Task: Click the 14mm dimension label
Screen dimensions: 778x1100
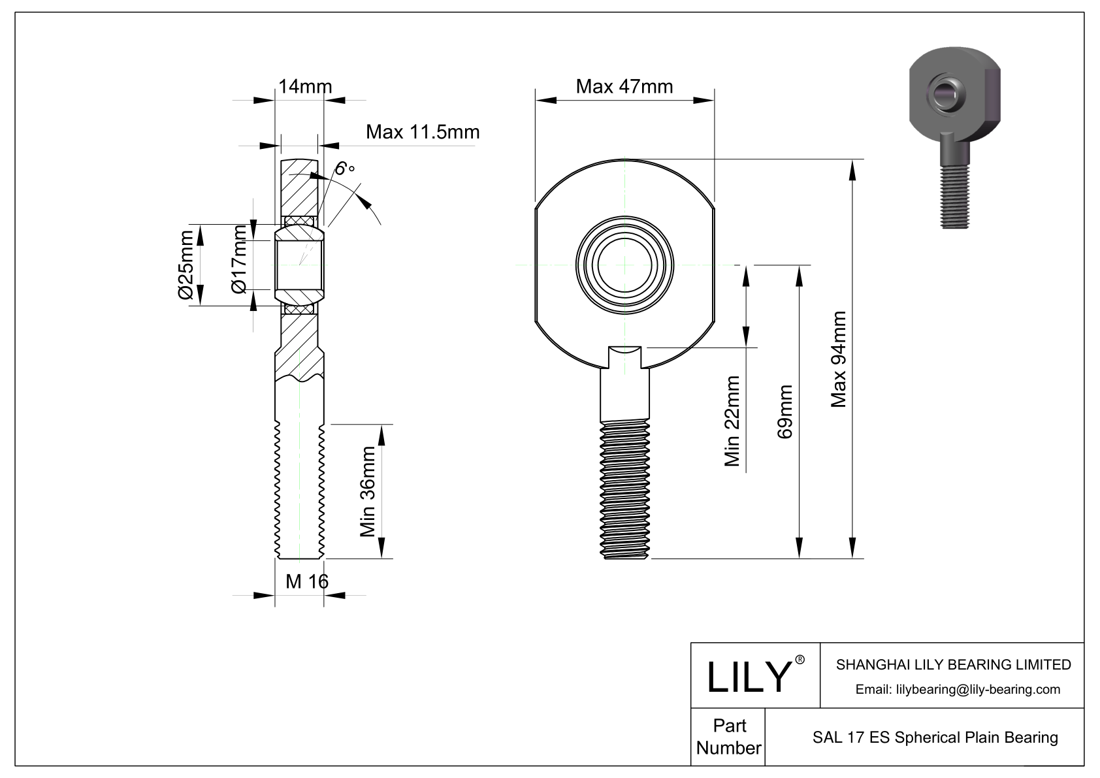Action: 305,87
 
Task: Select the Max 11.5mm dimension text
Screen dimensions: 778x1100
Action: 422,132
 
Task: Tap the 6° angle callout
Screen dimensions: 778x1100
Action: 344,169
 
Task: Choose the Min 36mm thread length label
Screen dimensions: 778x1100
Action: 368,491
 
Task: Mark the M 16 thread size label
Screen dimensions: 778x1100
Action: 306,581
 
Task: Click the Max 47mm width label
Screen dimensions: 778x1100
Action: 624,86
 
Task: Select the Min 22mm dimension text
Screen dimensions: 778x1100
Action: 732,421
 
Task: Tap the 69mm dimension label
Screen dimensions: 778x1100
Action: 785,412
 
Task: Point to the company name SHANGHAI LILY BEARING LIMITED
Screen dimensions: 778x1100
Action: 953,664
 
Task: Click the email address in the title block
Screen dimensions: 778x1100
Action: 958,689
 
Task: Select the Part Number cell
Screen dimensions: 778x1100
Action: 728,737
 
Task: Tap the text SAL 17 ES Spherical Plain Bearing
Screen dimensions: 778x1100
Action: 935,737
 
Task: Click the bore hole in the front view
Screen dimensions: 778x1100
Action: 624,265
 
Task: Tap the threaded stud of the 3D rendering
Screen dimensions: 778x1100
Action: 956,196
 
